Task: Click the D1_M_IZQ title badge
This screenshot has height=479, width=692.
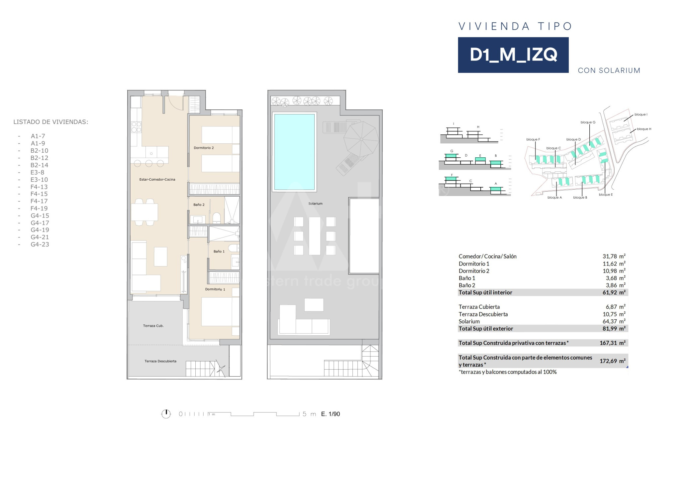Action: [x=513, y=55]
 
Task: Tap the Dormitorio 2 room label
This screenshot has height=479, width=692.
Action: [x=204, y=148]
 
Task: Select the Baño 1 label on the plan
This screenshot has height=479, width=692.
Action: [x=219, y=251]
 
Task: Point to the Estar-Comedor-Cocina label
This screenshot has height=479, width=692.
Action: [x=157, y=179]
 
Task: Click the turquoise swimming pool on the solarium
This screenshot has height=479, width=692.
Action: [x=294, y=152]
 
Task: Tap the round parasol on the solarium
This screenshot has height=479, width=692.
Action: [x=361, y=139]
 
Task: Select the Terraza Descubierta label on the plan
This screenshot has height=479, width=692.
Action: [x=160, y=361]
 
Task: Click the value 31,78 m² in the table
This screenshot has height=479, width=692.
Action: [x=614, y=256]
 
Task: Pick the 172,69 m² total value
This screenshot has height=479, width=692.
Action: [x=612, y=361]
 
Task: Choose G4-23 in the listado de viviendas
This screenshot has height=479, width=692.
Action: [x=40, y=244]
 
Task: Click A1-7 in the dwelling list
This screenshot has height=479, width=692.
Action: [x=38, y=136]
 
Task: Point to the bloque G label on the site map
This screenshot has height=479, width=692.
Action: [x=588, y=122]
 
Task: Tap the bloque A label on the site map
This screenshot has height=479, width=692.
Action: [x=554, y=198]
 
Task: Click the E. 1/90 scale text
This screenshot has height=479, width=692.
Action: [x=331, y=414]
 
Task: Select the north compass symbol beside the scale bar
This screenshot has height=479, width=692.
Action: [x=166, y=414]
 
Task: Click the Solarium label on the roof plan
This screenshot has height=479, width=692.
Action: [x=315, y=204]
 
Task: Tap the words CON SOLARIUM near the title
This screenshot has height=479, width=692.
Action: [x=609, y=71]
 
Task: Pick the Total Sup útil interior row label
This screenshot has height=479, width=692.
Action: [x=485, y=292]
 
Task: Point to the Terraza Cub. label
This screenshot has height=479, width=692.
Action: [x=153, y=326]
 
